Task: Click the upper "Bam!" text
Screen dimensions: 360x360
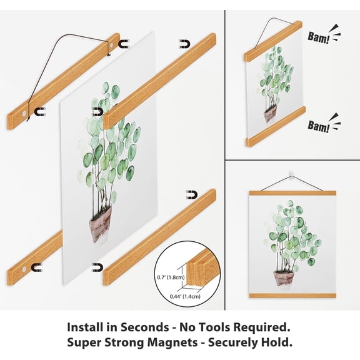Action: coord(319,37)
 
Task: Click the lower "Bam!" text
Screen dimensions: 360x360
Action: coord(319,126)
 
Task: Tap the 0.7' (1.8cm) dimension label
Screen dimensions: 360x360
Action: coord(171,277)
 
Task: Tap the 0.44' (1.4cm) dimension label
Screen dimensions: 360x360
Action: coord(185,296)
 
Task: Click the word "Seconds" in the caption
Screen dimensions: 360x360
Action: coord(145,327)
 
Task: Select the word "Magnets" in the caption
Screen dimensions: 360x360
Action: coord(172,342)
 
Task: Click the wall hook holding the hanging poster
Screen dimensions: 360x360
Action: coord(291,174)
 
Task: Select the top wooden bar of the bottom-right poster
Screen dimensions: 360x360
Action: coord(292,193)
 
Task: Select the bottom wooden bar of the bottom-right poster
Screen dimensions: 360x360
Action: coord(292,296)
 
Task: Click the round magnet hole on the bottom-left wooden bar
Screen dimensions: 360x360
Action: coord(24,269)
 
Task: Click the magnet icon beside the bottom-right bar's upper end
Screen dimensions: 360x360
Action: coord(192,195)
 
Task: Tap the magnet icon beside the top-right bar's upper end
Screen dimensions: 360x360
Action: coord(184,44)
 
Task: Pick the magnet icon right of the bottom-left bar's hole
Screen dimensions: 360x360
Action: coord(37,267)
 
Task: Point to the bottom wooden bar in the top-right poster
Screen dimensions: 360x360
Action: coord(276,127)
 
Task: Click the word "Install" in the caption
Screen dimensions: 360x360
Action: coord(86,327)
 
